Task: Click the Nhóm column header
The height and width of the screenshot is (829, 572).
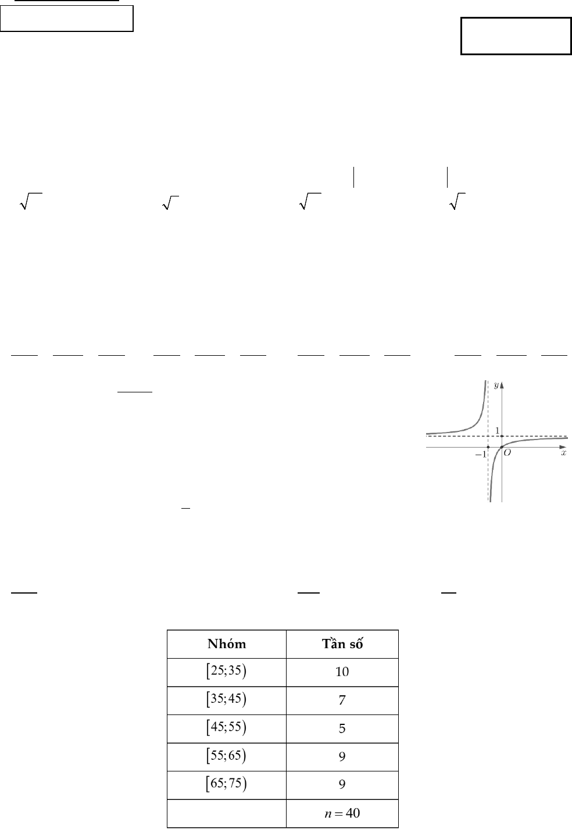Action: click(227, 644)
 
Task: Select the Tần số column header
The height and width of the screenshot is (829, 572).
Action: click(342, 644)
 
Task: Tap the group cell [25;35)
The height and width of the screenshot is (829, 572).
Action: click(227, 671)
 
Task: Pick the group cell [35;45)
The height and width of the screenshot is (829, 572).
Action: click(227, 700)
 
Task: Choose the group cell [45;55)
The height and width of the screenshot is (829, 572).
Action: click(227, 728)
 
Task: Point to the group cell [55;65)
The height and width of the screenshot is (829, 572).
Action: click(227, 756)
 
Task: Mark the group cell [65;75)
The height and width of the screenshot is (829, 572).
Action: click(227, 784)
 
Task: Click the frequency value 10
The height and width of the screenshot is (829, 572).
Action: click(342, 672)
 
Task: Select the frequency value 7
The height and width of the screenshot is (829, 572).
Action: click(342, 701)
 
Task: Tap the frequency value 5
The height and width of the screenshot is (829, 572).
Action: click(342, 728)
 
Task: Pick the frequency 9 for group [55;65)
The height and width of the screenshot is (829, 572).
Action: click(342, 756)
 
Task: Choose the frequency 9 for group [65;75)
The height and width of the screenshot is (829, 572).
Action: click(342, 785)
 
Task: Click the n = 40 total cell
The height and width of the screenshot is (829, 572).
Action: click(342, 813)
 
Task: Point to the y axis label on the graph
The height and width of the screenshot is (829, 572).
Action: click(496, 385)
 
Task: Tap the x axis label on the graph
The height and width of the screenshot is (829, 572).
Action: click(563, 453)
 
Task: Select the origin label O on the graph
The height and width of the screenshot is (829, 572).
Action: click(507, 453)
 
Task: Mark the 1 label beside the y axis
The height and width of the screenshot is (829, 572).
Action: click(497, 430)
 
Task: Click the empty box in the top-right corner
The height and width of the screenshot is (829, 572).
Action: click(516, 36)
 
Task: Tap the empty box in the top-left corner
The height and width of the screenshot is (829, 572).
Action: click(67, 19)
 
